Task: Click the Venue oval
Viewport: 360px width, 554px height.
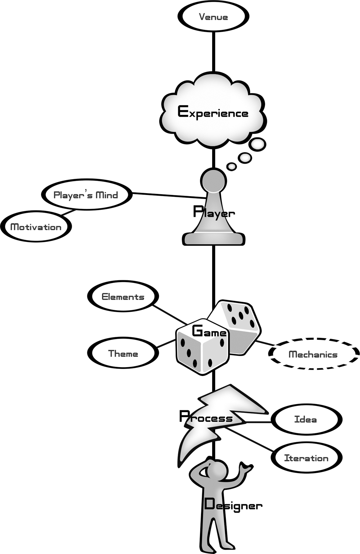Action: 213,17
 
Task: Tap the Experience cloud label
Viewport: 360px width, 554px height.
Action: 213,112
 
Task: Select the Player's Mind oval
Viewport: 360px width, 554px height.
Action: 86,195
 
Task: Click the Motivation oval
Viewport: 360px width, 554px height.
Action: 36,227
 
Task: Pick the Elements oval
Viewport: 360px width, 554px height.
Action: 123,297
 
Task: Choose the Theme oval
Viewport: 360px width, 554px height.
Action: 123,353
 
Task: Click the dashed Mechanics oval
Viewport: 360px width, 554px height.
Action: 313,354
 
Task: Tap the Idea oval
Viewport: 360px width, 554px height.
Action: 306,419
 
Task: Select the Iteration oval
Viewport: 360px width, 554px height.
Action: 306,458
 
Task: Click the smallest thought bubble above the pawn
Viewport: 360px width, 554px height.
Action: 232,167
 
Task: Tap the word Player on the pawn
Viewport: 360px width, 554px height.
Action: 214,213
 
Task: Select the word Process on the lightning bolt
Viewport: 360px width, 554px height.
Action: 206,417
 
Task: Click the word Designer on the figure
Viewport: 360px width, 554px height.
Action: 233,505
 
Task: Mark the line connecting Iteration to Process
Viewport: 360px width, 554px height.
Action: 250,439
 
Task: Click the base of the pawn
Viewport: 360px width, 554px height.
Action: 214,239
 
